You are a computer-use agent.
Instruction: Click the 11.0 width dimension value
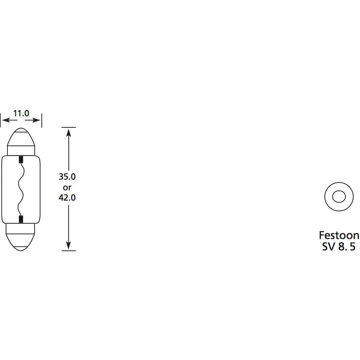pos(21,114)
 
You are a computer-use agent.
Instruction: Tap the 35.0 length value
pos(67,177)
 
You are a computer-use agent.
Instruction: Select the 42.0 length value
pos(67,197)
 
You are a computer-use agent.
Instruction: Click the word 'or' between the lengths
pos(67,187)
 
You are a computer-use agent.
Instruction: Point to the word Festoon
pos(339,235)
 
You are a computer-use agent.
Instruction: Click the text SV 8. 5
pos(339,247)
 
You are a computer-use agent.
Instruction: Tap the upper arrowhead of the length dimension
pos(69,132)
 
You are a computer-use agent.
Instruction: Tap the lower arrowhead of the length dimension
pos(69,245)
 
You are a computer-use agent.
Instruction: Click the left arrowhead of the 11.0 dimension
pos(4,121)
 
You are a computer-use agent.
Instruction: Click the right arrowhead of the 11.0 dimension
pos(38,121)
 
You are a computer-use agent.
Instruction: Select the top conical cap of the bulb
pos(21,141)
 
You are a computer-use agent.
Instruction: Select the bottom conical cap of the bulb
pos(21,236)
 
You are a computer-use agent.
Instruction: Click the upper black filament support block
pos(21,159)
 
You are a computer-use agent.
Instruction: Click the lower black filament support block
pos(21,219)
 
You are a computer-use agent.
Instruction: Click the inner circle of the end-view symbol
pos(339,196)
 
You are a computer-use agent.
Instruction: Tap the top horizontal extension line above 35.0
pos(69,127)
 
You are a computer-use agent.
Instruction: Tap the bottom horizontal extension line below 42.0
pos(69,251)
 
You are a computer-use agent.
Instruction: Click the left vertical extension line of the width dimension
pos(1,120)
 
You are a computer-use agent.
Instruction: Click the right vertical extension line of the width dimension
pos(42,120)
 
